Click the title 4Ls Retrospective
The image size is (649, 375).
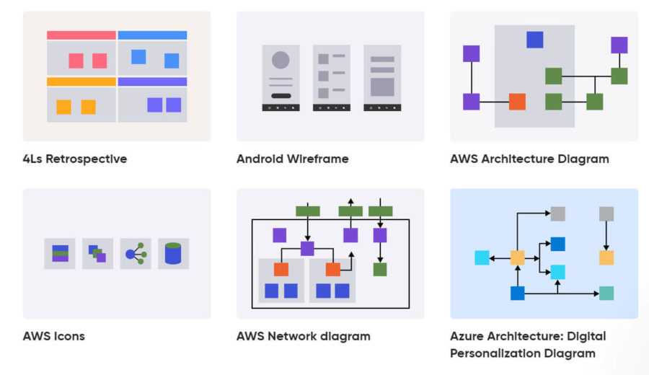pos(75,159)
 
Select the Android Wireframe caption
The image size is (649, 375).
pos(292,159)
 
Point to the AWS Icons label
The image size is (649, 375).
pos(54,336)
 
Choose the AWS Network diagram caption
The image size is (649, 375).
pos(303,336)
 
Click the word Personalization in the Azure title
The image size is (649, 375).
pos(498,353)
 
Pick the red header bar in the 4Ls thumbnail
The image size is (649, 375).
pos(81,35)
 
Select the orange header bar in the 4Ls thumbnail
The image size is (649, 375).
pos(81,81)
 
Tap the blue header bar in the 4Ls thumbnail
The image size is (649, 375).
pos(152,35)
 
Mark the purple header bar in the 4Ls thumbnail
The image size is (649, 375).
pos(152,81)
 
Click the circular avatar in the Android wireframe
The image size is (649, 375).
pos(281,61)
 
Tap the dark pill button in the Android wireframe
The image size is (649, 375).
pos(281,95)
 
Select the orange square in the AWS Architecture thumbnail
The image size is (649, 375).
pos(517,102)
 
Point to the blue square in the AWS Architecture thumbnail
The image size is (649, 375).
pos(534,40)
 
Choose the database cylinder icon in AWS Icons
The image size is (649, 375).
pos(173,254)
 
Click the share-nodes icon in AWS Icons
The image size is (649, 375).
pos(136,254)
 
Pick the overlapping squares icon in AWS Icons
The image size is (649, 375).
pos(97,254)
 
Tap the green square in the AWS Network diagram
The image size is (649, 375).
pos(380,269)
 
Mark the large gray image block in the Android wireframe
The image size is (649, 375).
pos(382,87)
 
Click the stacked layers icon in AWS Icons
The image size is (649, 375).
pos(60,254)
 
